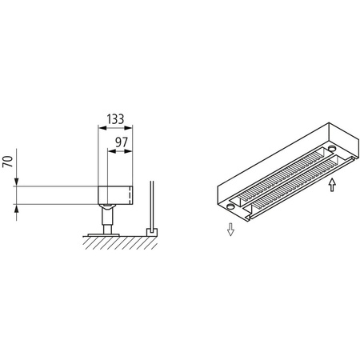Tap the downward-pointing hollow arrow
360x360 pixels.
[230, 230]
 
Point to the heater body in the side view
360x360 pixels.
[114, 194]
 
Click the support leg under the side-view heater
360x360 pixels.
[106, 215]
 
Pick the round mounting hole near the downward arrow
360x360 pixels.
[230, 206]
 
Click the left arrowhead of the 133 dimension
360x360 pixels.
[99, 127]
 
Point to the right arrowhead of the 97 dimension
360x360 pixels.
[130, 151]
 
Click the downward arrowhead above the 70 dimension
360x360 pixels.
[18, 183]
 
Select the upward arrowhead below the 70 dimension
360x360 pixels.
[18, 207]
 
